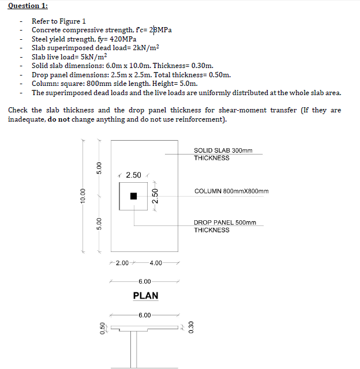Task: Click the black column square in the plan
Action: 134,196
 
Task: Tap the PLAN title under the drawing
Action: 145,296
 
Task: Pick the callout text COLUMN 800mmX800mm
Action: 231,191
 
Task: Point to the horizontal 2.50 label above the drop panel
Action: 134,175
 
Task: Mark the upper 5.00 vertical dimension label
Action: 99,168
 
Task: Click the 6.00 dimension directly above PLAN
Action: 145,281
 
